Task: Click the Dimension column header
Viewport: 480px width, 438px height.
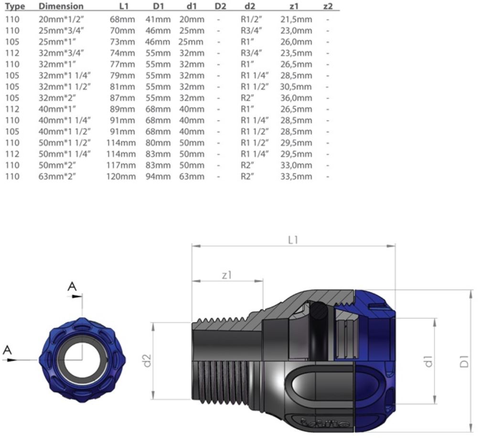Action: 61,6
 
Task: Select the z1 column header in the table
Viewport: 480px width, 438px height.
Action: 294,6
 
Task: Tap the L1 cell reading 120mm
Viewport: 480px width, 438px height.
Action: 121,176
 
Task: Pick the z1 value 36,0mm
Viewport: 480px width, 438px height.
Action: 296,98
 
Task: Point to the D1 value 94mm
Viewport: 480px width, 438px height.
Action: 158,176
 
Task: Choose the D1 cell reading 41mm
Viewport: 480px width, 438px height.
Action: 158,19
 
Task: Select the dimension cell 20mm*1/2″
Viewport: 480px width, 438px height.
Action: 61,19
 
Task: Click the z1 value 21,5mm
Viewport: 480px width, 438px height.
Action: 296,19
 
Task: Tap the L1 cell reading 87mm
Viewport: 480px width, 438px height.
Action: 122,98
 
